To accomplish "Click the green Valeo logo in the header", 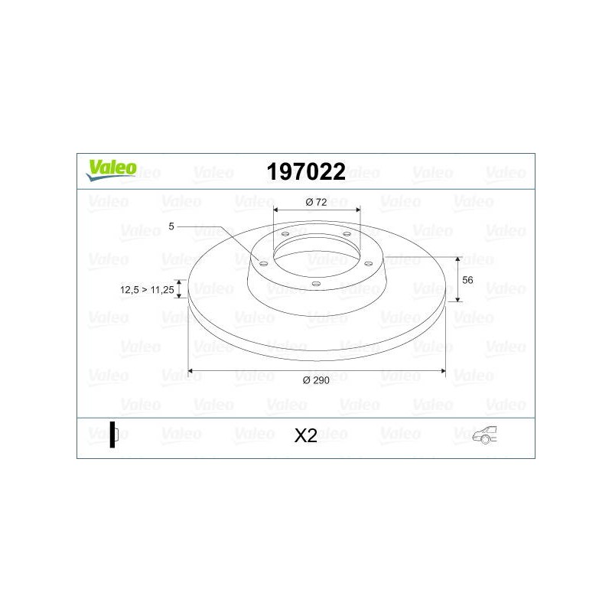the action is click(x=111, y=170).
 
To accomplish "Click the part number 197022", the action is click(x=306, y=171).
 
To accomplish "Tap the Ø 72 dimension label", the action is click(x=316, y=202).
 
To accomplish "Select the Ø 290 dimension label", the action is click(x=316, y=380).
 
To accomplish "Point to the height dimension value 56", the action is click(x=467, y=280).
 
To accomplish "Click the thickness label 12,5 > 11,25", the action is click(x=147, y=290).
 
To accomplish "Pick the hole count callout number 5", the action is click(x=171, y=226).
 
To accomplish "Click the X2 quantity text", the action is click(x=305, y=435).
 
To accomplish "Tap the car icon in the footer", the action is click(x=484, y=435).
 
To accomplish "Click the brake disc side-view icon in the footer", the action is click(x=114, y=435).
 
